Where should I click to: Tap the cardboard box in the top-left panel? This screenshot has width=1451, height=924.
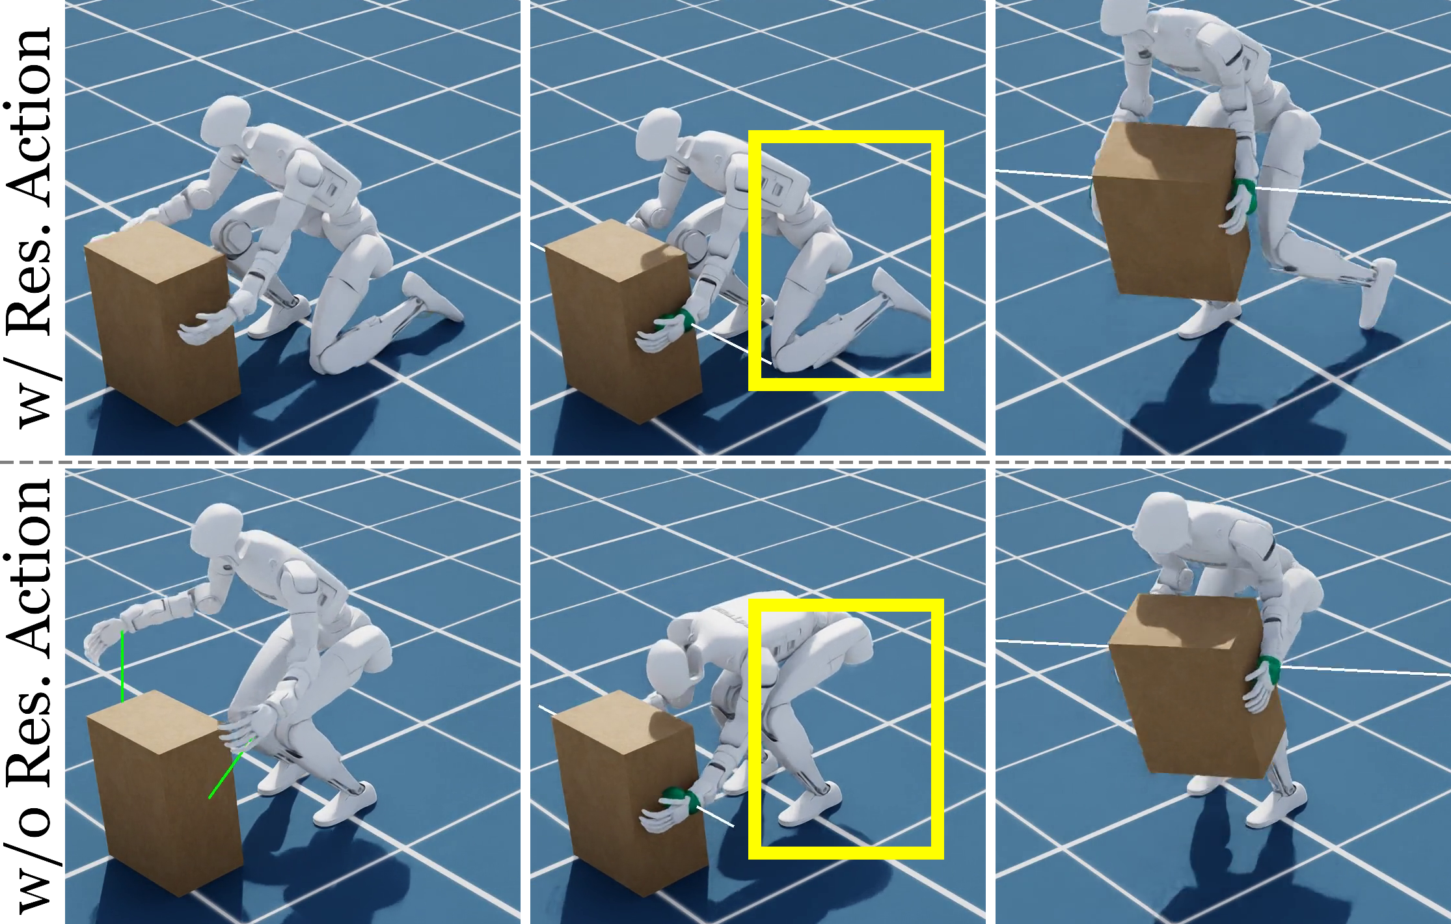pos(163,322)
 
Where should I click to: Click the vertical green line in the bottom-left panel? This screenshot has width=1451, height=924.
pos(122,667)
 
